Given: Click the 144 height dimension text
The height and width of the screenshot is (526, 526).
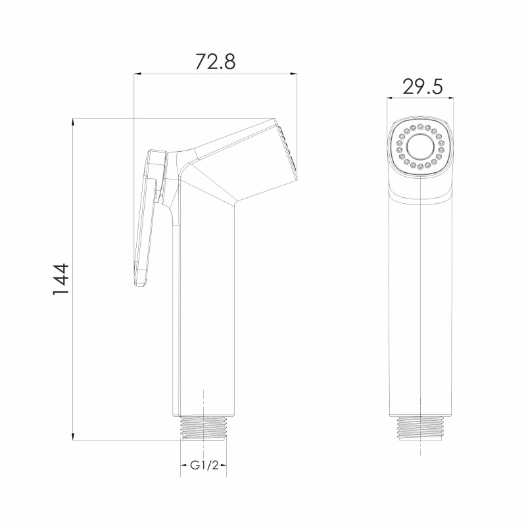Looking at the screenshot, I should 60,280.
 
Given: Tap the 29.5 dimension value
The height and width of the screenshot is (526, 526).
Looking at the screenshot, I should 421,87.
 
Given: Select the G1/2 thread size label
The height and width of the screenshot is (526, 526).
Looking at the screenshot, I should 204,466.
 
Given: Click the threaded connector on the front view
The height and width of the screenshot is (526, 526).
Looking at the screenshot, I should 421,428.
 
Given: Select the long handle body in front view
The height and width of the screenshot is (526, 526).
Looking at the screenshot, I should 421,296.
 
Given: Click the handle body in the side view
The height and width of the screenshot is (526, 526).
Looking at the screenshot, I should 204,296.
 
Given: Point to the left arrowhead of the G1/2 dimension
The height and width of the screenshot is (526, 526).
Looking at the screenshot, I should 183,466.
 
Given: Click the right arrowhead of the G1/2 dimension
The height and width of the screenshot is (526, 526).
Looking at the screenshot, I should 224,466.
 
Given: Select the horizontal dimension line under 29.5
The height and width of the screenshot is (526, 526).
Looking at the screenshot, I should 421,99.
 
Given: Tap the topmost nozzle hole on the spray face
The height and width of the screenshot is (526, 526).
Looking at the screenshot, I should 419,124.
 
